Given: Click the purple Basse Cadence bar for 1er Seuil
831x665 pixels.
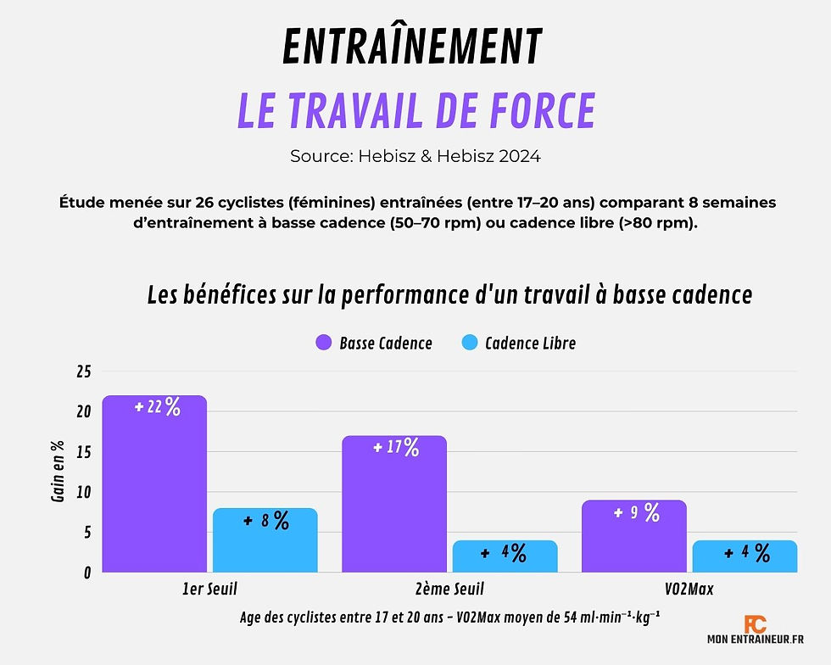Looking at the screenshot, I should tap(153, 492).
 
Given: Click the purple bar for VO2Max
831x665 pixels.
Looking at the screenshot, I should tap(633, 543).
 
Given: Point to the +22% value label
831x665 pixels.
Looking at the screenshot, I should tap(158, 407).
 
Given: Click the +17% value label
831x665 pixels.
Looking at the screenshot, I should tap(397, 447).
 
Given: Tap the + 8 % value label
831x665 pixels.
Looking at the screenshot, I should tap(266, 521).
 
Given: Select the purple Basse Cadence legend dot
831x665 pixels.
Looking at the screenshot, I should tap(323, 343).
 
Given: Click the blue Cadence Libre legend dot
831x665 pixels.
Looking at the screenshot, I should tap(469, 343).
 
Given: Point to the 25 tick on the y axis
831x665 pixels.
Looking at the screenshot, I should tap(83, 372).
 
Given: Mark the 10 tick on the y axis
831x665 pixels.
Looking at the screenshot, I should tap(83, 492).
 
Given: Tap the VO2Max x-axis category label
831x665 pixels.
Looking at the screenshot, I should tap(688, 589).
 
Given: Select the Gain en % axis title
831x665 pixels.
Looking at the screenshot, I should tap(58, 473).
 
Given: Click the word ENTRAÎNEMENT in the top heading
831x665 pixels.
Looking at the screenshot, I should tap(411, 47).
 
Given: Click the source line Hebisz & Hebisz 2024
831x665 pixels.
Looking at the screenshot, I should tap(415, 156).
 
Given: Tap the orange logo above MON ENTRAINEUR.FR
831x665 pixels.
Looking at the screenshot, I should tap(755, 625).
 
